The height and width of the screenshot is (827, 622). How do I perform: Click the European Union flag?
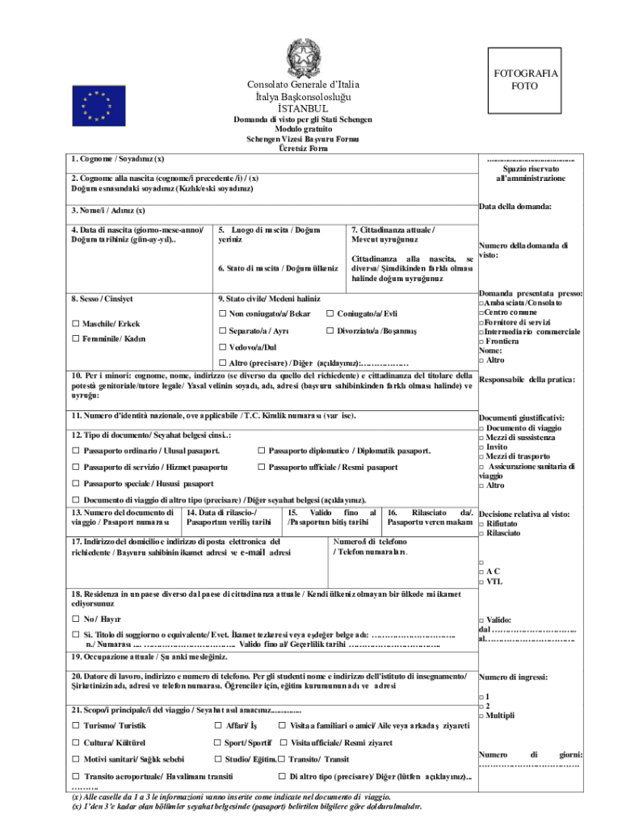[x=100, y=106]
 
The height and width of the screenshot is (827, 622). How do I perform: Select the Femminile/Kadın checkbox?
[x=76, y=339]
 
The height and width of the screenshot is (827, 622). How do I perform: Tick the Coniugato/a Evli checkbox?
[x=330, y=313]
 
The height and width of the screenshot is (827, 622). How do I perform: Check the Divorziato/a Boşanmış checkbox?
[x=330, y=331]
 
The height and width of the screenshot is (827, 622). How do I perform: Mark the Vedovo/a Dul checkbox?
[x=223, y=347]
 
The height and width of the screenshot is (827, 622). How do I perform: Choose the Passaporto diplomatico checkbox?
[x=262, y=451]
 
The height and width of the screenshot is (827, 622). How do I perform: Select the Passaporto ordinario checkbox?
[x=76, y=451]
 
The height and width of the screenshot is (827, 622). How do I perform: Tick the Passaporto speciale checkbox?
[x=76, y=484]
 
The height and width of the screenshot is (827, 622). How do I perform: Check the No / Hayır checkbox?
[x=76, y=618]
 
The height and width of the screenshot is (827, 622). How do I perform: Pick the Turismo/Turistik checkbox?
[x=76, y=726]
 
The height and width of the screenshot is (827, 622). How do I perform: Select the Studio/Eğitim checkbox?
[x=217, y=759]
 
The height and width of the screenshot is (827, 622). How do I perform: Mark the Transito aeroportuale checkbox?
[x=76, y=776]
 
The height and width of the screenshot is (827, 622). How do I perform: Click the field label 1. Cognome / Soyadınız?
[x=117, y=158]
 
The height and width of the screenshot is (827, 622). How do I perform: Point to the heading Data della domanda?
[x=515, y=207]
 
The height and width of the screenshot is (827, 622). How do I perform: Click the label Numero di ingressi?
[x=513, y=677]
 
